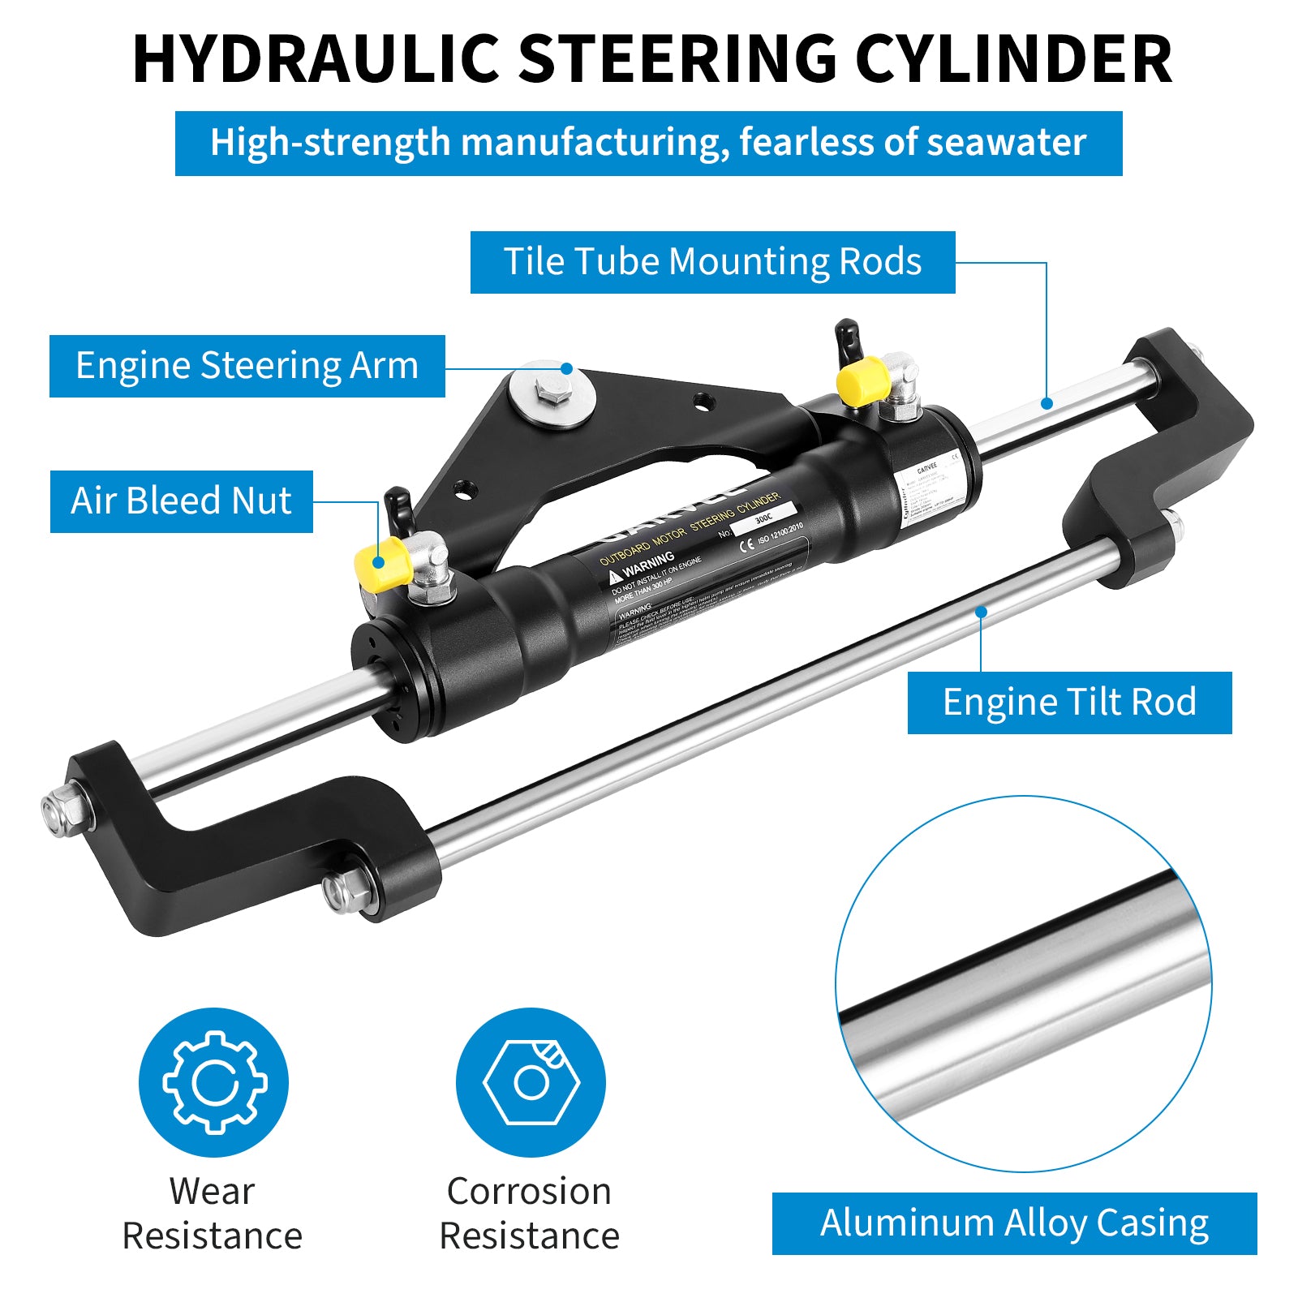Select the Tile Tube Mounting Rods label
pyautogui.click(x=712, y=262)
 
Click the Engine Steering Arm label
pyautogui.click(x=247, y=366)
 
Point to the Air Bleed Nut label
pyautogui.click(x=181, y=501)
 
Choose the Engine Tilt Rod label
pyautogui.click(x=1069, y=703)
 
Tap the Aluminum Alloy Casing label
pyautogui.click(x=1014, y=1223)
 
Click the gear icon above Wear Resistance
pyautogui.click(x=214, y=1082)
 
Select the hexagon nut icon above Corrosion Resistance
pyautogui.click(x=531, y=1082)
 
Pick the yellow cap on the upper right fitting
pyautogui.click(x=862, y=381)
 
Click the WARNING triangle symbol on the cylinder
pyautogui.click(x=615, y=576)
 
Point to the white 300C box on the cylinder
pyautogui.click(x=763, y=518)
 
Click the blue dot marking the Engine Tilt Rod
pyautogui.click(x=981, y=612)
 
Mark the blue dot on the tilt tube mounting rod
pyautogui.click(x=1047, y=403)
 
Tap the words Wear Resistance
pyautogui.click(x=213, y=1214)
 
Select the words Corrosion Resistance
pyautogui.click(x=530, y=1214)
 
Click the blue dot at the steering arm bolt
pyautogui.click(x=567, y=369)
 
